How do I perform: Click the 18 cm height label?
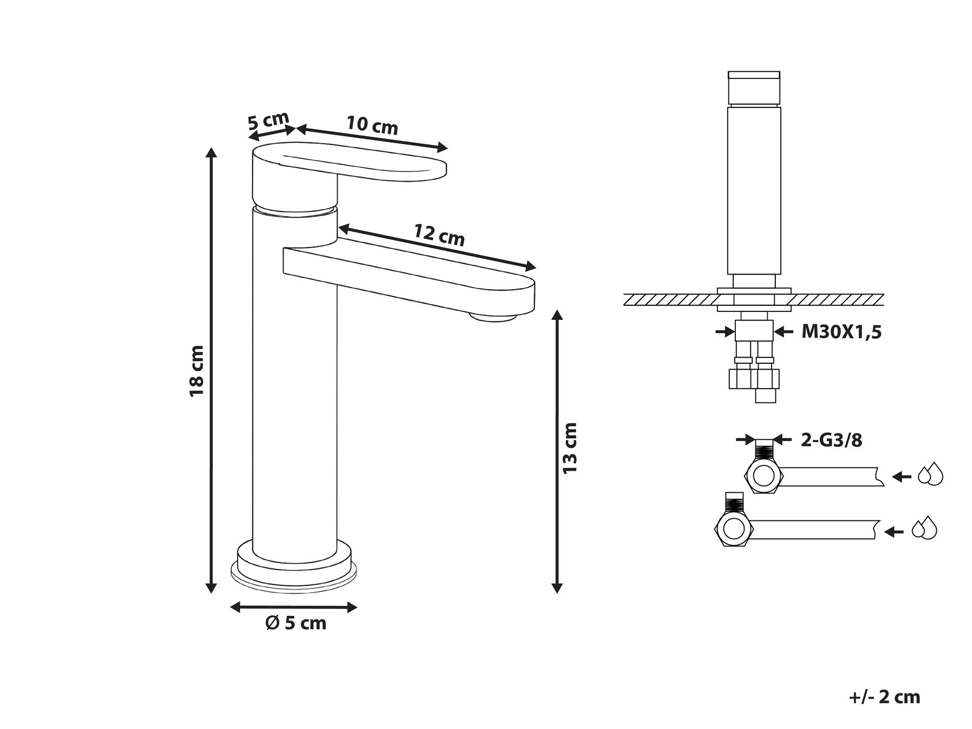[196, 370]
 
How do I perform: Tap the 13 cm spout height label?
[570, 449]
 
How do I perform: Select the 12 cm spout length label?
[439, 235]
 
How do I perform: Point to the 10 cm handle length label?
[372, 125]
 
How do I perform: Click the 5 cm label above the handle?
[269, 121]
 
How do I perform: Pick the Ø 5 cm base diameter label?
[296, 623]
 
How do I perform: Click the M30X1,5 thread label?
[841, 332]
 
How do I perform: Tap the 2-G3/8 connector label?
[831, 440]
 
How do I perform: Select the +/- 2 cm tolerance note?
[884, 697]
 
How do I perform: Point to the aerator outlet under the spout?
[493, 317]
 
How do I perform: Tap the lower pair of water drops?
[924, 528]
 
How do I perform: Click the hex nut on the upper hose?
[764, 476]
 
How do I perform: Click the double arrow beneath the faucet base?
[294, 607]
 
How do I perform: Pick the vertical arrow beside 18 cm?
[212, 370]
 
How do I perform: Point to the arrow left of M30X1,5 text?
[725, 331]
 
